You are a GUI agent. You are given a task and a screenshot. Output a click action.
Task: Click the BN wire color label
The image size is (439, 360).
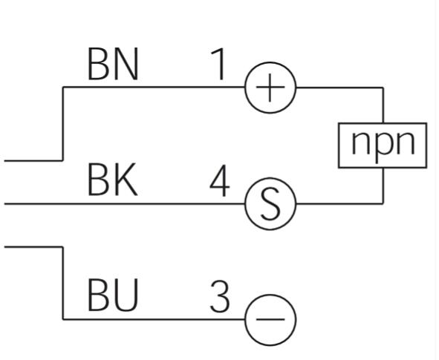tap(113, 64)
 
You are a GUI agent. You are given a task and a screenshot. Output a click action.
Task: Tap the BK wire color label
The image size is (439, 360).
tap(113, 180)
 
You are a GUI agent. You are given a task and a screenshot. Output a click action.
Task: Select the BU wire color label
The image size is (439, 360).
tap(113, 295)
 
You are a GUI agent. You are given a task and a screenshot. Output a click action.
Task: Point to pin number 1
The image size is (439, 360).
tap(219, 64)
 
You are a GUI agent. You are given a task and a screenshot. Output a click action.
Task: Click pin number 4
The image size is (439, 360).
tap(220, 180)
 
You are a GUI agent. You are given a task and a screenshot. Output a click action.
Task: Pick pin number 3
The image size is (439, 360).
tap(220, 296)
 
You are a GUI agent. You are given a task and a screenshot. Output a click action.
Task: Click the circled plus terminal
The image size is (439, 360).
tap(246, 88)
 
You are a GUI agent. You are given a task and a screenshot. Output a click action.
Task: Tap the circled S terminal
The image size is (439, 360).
tap(246, 204)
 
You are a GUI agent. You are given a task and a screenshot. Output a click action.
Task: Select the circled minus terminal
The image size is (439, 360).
tap(246, 320)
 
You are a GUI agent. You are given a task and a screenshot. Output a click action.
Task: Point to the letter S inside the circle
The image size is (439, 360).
tap(270, 203)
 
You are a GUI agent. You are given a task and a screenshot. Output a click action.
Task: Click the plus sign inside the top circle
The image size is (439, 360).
tap(270, 88)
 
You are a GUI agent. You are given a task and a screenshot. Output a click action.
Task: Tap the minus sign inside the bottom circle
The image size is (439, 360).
tap(270, 319)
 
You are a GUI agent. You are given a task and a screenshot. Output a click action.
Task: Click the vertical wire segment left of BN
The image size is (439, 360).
tap(63, 124)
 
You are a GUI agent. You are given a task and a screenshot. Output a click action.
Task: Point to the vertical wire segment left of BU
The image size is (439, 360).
tap(63, 283)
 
